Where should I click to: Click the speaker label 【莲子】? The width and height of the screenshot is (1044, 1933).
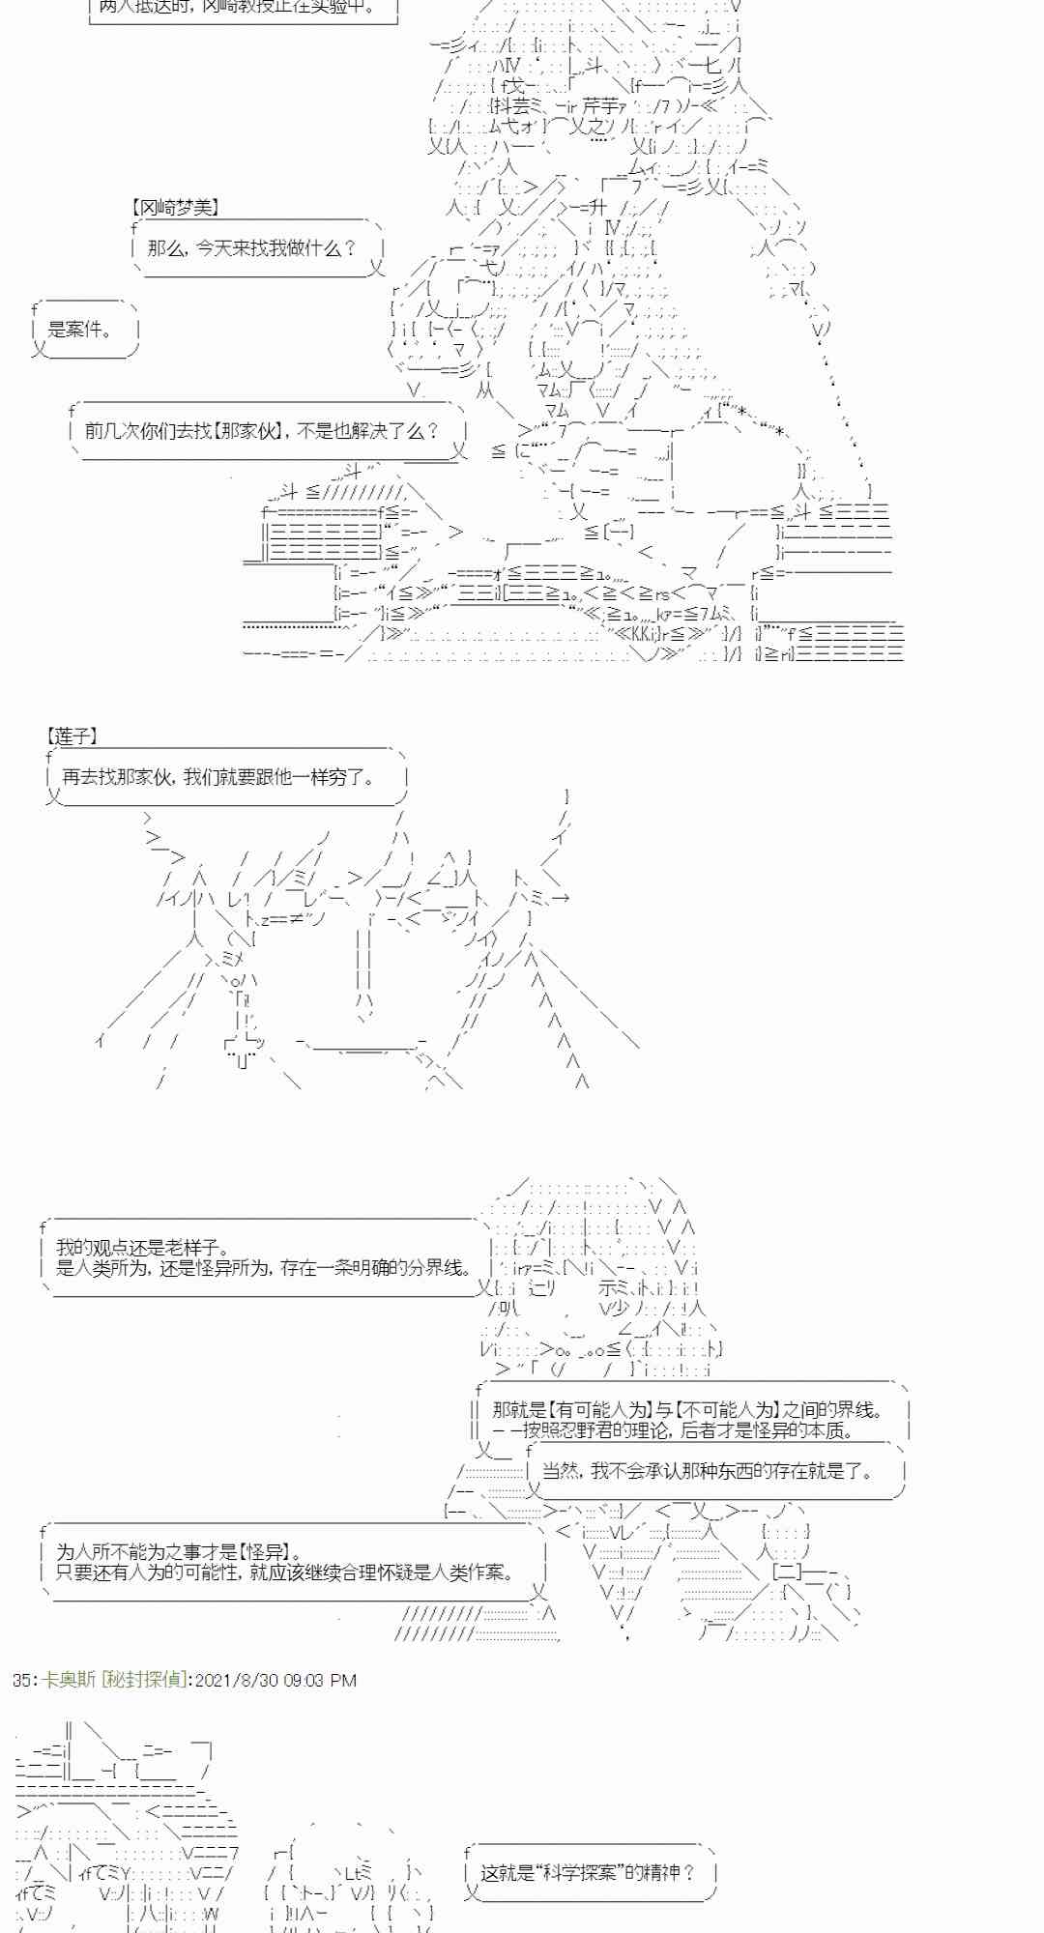72,736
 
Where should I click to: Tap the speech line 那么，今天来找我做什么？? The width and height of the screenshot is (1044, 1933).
251,248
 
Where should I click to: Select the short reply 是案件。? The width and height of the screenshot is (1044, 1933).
79,330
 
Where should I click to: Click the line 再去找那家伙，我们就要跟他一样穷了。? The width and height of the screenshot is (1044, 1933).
218,776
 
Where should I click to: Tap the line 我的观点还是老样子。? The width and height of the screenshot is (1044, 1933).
143,1248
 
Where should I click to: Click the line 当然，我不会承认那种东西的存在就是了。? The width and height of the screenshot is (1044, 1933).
708,1471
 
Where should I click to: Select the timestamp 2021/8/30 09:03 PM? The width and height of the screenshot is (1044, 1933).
275,1680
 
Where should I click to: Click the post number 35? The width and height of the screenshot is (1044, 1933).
22,1680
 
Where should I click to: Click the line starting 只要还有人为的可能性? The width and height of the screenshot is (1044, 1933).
285,1572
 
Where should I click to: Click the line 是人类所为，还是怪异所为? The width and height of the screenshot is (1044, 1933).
264,1268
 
